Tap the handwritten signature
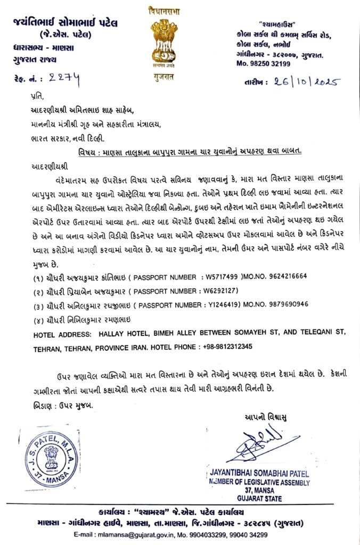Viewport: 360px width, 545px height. point(259,443)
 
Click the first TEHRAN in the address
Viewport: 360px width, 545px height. point(49,346)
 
